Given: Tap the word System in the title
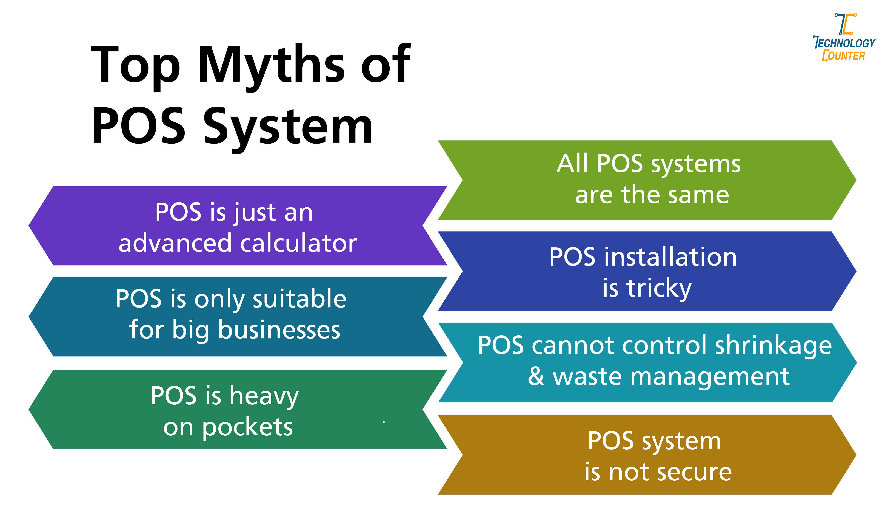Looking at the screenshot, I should click(x=288, y=127).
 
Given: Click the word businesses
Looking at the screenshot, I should click(x=279, y=330).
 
